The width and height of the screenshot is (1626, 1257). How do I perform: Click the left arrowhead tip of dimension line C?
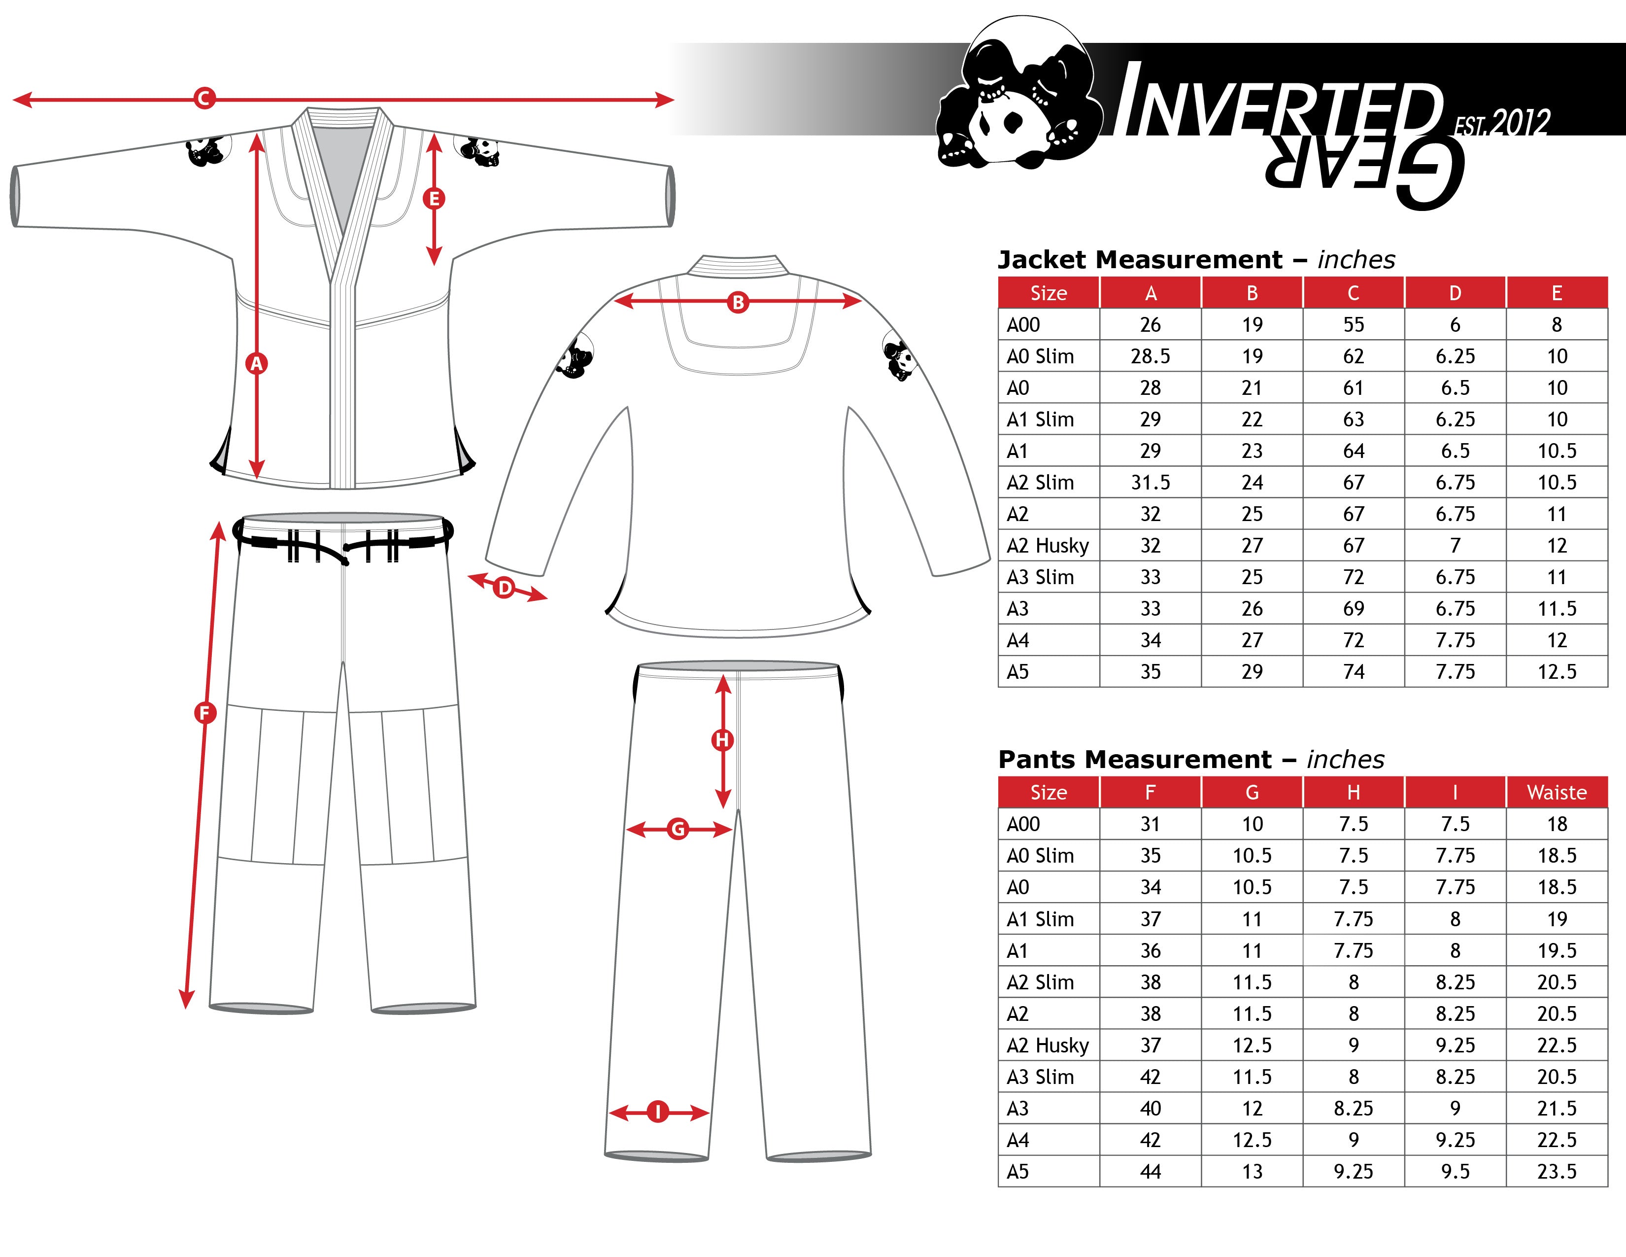pyautogui.click(x=13, y=99)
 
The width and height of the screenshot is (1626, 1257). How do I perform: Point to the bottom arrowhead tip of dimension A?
pyautogui.click(x=257, y=479)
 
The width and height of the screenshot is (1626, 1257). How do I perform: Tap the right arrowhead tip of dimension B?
pyautogui.click(x=862, y=302)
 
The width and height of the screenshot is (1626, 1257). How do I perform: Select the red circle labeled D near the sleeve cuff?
pyautogui.click(x=505, y=588)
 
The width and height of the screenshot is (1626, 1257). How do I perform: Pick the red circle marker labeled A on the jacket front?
pyautogui.click(x=257, y=363)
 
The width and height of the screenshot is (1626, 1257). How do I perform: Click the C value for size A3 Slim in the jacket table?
pyautogui.click(x=1354, y=577)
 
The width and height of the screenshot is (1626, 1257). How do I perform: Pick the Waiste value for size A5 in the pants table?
pyautogui.click(x=1557, y=1171)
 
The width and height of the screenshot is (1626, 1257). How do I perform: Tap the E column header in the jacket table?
pyautogui.click(x=1557, y=293)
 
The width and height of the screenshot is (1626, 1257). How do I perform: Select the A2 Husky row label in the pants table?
pyautogui.click(x=1048, y=1046)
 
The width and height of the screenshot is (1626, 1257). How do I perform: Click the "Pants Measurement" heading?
pyautogui.click(x=1135, y=759)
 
